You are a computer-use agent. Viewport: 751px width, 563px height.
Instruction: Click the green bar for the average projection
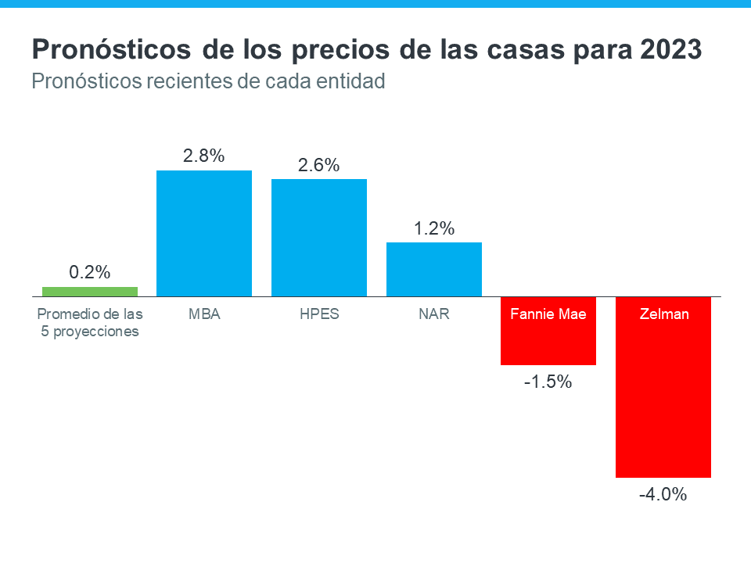(90, 292)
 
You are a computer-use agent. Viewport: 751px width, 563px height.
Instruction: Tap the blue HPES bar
(319, 238)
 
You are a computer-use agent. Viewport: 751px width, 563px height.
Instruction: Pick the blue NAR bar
(434, 269)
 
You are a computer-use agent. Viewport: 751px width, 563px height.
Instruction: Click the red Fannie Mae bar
(548, 344)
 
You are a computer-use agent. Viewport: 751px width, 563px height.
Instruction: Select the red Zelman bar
(663, 399)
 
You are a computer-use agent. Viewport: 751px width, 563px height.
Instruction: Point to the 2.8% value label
(204, 156)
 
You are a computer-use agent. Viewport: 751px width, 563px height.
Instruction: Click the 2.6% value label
(319, 166)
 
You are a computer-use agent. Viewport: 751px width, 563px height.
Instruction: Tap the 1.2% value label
(434, 229)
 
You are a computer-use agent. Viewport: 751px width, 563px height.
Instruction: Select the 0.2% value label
(90, 273)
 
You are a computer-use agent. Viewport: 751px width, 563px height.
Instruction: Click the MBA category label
(204, 314)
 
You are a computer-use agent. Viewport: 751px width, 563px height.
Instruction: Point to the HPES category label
(319, 314)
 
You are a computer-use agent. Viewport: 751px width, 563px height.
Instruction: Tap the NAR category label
(434, 314)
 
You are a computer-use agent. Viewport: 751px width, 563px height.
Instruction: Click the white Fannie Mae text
(548, 314)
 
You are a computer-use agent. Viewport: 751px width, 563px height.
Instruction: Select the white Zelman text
(663, 314)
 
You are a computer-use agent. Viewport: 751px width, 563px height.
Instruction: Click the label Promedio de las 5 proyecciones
(90, 322)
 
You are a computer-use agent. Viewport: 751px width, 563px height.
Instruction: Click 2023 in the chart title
(670, 50)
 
